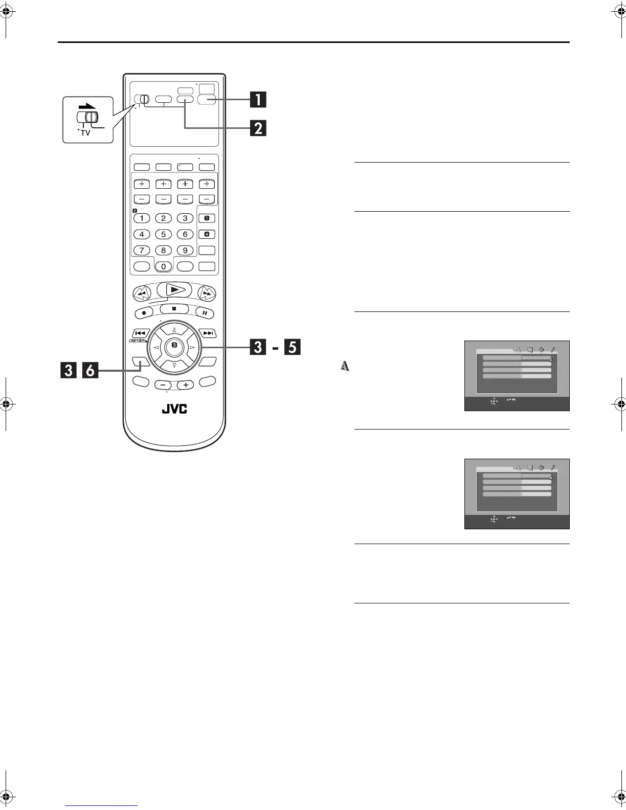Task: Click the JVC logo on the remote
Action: pos(175,410)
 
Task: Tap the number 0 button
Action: pos(164,266)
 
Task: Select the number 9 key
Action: pos(185,251)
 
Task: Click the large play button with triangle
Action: pos(174,289)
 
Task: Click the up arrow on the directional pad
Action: pos(174,330)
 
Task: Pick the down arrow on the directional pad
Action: pos(174,365)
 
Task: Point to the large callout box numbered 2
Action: pos(258,127)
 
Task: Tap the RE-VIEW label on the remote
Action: pos(138,340)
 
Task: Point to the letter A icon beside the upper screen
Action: pos(345,366)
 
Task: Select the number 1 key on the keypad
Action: pos(142,218)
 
